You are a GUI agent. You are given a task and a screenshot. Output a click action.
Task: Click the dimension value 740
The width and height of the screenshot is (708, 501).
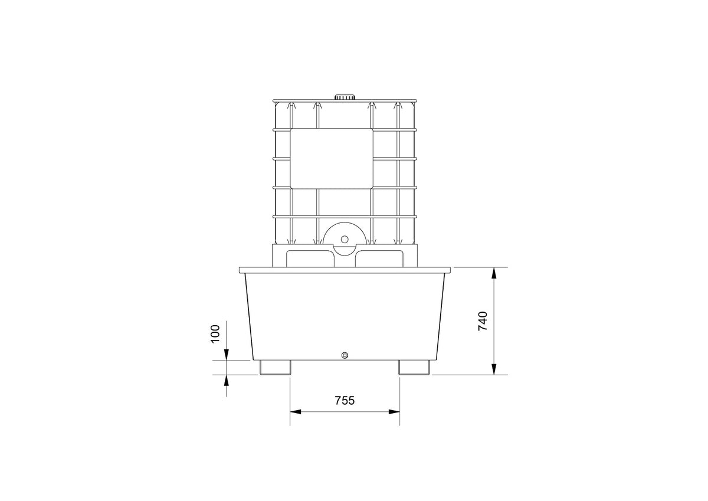(x=483, y=321)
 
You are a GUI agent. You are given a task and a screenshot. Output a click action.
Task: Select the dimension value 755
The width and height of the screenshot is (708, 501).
(x=345, y=401)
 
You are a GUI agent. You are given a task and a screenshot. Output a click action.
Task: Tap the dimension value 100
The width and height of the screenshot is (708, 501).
(x=215, y=334)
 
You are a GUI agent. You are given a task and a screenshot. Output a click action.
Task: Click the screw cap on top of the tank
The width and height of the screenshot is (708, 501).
(x=345, y=97)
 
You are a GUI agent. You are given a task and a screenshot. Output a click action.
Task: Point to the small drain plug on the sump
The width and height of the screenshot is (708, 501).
(x=345, y=355)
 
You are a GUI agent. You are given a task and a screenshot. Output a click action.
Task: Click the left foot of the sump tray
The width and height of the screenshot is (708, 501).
(x=275, y=368)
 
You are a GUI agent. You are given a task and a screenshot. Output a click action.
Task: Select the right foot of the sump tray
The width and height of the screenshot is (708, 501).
(x=414, y=368)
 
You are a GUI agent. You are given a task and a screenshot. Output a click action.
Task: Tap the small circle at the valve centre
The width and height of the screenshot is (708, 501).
(x=345, y=239)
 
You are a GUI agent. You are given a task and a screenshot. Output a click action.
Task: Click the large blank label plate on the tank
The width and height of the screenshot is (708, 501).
(x=332, y=158)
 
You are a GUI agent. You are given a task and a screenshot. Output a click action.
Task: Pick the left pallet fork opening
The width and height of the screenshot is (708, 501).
(x=310, y=259)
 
